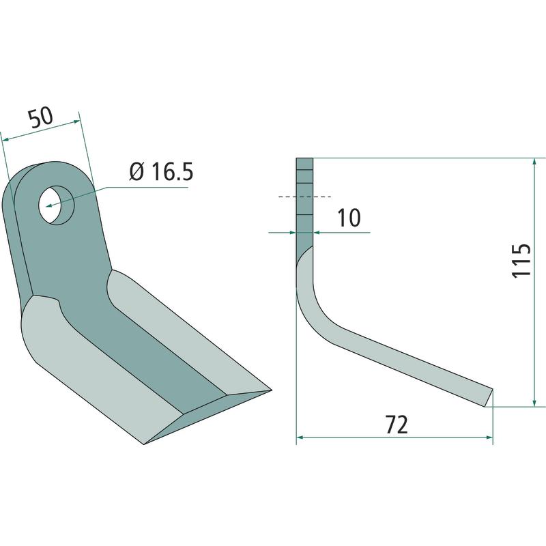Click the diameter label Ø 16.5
click(x=161, y=172)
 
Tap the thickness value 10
click(x=349, y=218)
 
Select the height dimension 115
click(x=521, y=260)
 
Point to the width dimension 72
click(x=397, y=425)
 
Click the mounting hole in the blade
click(x=57, y=205)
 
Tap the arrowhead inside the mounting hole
click(x=49, y=205)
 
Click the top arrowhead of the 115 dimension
click(x=534, y=162)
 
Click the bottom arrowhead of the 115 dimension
click(x=534, y=402)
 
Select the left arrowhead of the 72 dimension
click(x=300, y=437)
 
